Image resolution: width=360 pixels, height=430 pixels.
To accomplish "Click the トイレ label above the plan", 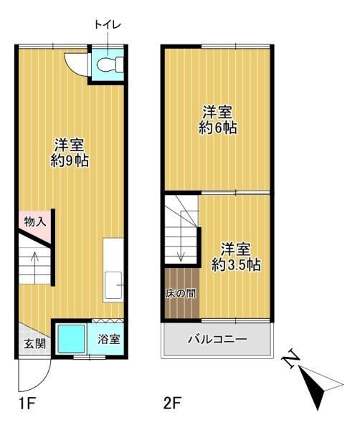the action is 108,24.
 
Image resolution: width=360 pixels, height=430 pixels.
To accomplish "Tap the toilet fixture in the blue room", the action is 110,64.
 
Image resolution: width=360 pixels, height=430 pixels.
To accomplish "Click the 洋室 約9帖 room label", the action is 70,153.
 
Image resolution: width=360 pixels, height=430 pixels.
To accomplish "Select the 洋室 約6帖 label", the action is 217,120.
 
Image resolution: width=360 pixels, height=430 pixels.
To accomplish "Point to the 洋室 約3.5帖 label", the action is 236,257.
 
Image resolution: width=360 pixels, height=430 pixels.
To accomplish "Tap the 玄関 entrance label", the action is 34,343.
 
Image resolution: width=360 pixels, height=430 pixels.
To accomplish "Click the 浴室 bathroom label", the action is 109,340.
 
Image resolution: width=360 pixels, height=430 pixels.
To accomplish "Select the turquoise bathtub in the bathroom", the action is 71,339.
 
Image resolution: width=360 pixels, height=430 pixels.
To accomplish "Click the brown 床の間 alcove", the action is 181,293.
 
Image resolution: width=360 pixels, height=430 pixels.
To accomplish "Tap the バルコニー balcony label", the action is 217,340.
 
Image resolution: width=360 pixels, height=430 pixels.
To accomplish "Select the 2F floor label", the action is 172,403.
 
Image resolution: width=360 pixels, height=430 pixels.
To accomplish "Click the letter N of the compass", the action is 291,359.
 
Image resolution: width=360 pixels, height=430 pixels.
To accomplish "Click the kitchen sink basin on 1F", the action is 113,285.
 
